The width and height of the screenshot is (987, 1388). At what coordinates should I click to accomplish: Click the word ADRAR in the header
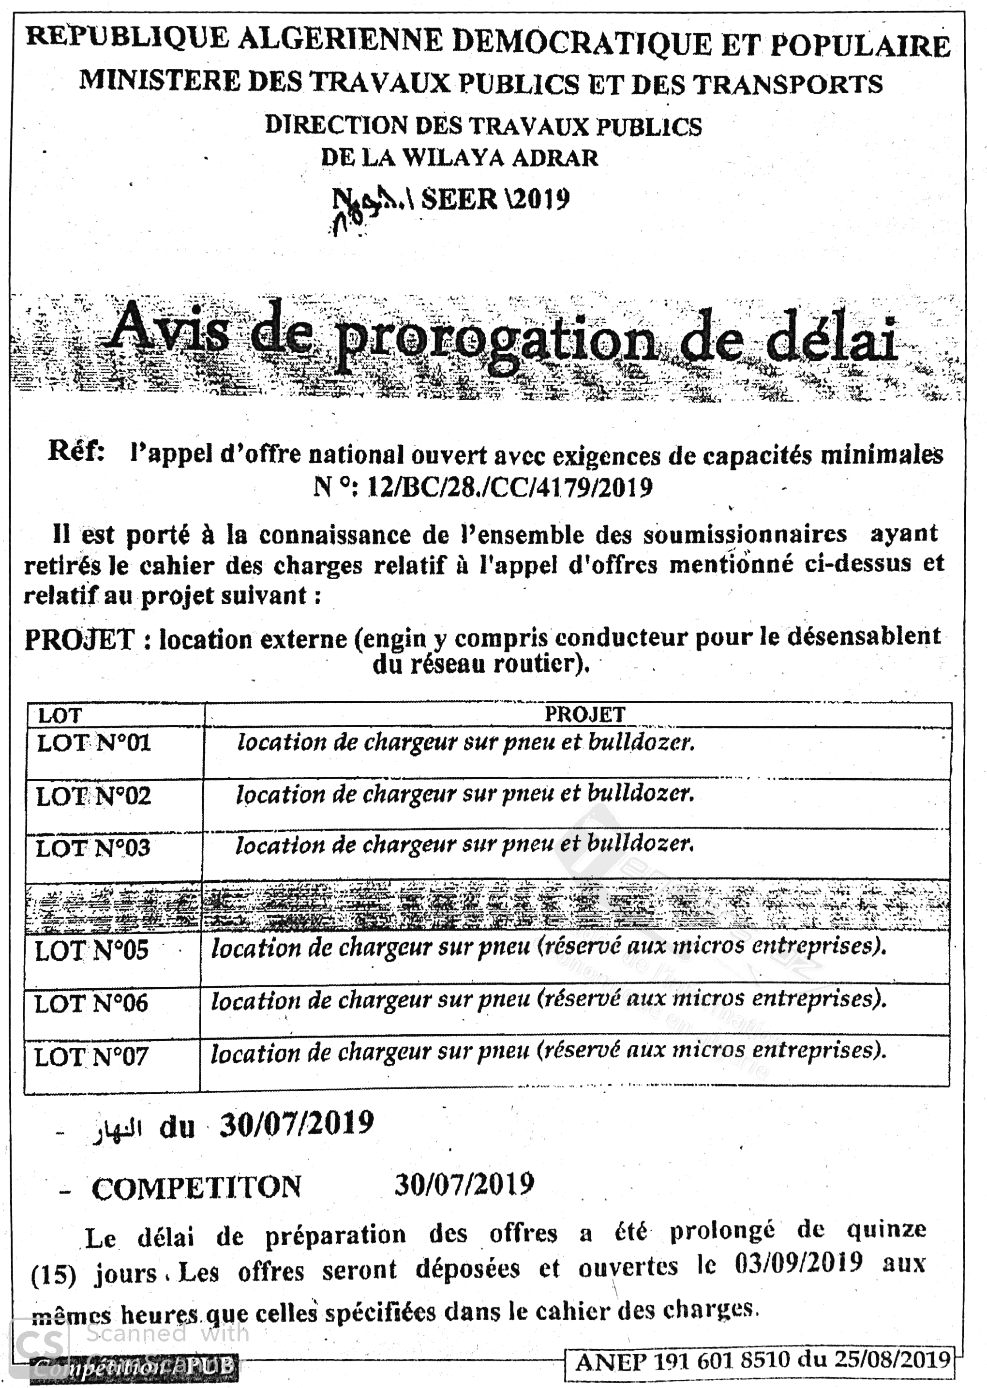click(555, 158)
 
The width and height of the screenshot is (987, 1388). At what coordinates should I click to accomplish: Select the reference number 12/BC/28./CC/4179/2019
click(510, 487)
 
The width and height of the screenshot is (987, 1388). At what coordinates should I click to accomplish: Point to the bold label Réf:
click(76, 451)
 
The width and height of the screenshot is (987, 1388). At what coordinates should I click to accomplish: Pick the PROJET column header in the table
click(584, 714)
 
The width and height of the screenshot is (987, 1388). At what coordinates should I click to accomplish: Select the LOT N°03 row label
click(92, 848)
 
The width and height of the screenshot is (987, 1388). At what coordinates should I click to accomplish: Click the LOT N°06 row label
click(90, 1004)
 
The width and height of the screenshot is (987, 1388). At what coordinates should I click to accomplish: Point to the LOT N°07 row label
click(90, 1057)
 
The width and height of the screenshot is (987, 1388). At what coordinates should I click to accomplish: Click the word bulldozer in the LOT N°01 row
click(641, 742)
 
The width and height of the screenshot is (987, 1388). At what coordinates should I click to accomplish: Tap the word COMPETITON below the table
click(196, 1187)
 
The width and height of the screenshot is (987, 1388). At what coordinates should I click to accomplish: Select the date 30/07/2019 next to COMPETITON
click(464, 1184)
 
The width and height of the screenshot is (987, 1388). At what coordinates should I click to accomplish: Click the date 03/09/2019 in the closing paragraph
click(798, 1263)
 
